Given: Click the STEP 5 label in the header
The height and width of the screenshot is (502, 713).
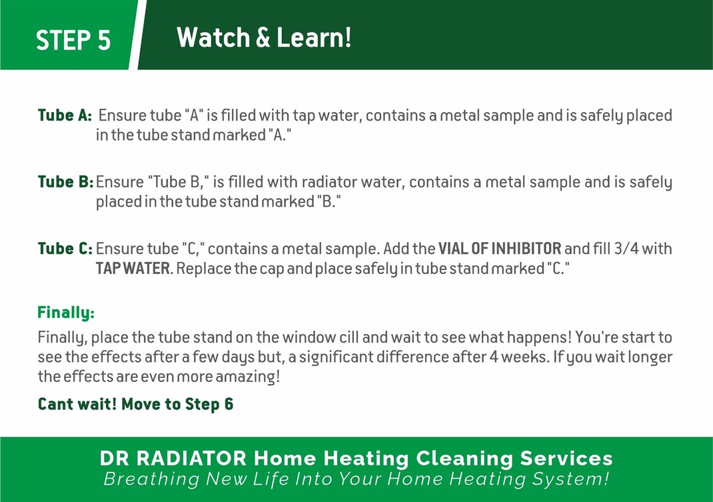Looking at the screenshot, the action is (x=73, y=40).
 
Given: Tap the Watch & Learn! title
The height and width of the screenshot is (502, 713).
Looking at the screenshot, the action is (x=264, y=37).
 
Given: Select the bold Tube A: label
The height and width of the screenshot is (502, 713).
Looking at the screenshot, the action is (x=65, y=115).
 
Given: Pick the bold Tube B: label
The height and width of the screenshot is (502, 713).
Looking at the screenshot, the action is (x=65, y=181).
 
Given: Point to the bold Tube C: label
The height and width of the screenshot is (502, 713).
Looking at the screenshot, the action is (x=65, y=249).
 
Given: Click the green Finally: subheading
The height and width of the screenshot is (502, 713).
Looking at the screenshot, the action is (x=66, y=312).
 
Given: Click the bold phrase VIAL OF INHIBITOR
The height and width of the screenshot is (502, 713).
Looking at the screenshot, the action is (x=500, y=249).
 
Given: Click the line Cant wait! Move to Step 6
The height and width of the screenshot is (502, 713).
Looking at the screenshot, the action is (x=135, y=404).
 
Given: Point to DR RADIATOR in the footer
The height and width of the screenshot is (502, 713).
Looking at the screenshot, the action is (x=173, y=458).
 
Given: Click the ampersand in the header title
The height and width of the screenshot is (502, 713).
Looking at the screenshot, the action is (x=263, y=37).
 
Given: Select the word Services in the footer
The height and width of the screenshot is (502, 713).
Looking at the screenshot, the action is (x=566, y=458).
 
